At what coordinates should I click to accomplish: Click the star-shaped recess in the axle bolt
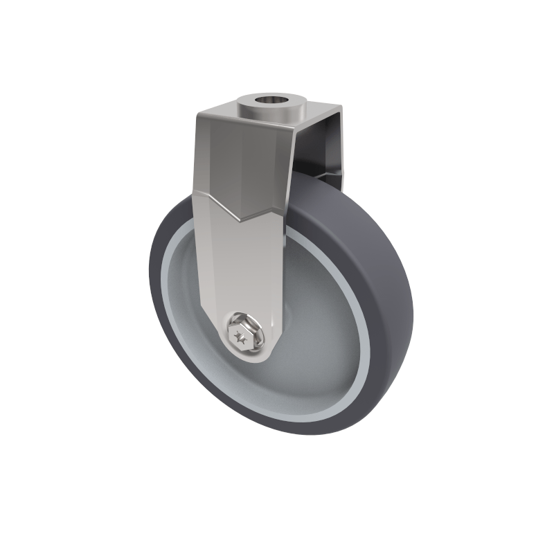pyautogui.click(x=242, y=339)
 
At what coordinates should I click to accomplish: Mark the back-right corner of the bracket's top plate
pyautogui.click(x=340, y=107)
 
